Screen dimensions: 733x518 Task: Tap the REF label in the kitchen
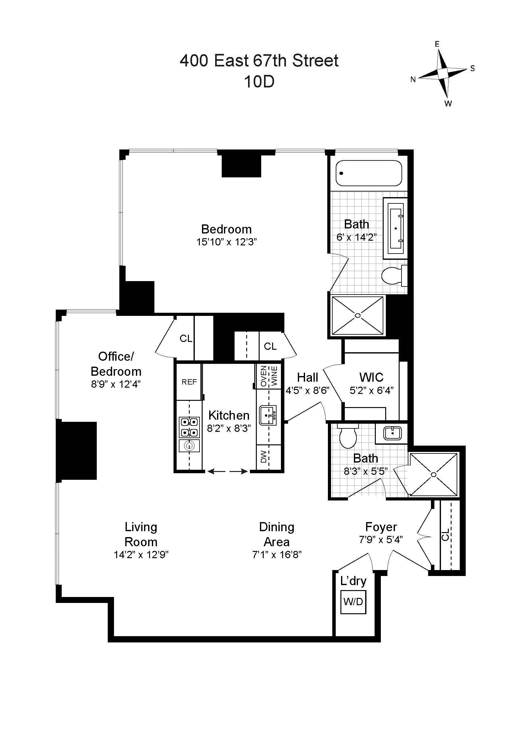189,382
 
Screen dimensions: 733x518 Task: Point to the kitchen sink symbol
267,415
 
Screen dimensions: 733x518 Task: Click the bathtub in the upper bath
369,173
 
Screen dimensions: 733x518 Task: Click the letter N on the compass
413,80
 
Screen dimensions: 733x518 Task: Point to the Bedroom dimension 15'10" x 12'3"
226,242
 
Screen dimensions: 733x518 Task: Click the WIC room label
371,377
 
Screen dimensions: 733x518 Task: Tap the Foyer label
381,526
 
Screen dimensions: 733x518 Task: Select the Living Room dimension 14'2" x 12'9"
141,555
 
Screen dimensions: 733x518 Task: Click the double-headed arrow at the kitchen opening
227,471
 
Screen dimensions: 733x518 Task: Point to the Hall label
308,377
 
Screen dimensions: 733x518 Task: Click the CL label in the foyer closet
446,534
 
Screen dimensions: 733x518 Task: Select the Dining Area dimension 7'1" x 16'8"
277,555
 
